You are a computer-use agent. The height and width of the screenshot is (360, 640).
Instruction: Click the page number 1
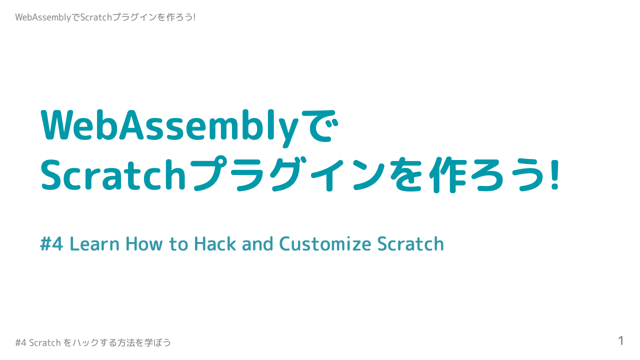point(621,341)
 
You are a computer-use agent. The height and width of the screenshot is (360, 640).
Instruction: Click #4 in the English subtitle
point(51,244)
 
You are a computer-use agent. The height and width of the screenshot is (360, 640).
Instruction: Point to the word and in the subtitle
point(257,244)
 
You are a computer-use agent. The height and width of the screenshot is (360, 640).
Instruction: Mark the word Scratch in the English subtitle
point(410,244)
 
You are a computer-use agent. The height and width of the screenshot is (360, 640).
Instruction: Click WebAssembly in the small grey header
point(43,17)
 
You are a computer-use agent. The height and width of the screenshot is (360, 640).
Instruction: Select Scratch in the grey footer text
point(45,343)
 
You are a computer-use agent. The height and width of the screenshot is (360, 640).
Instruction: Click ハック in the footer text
point(83,343)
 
